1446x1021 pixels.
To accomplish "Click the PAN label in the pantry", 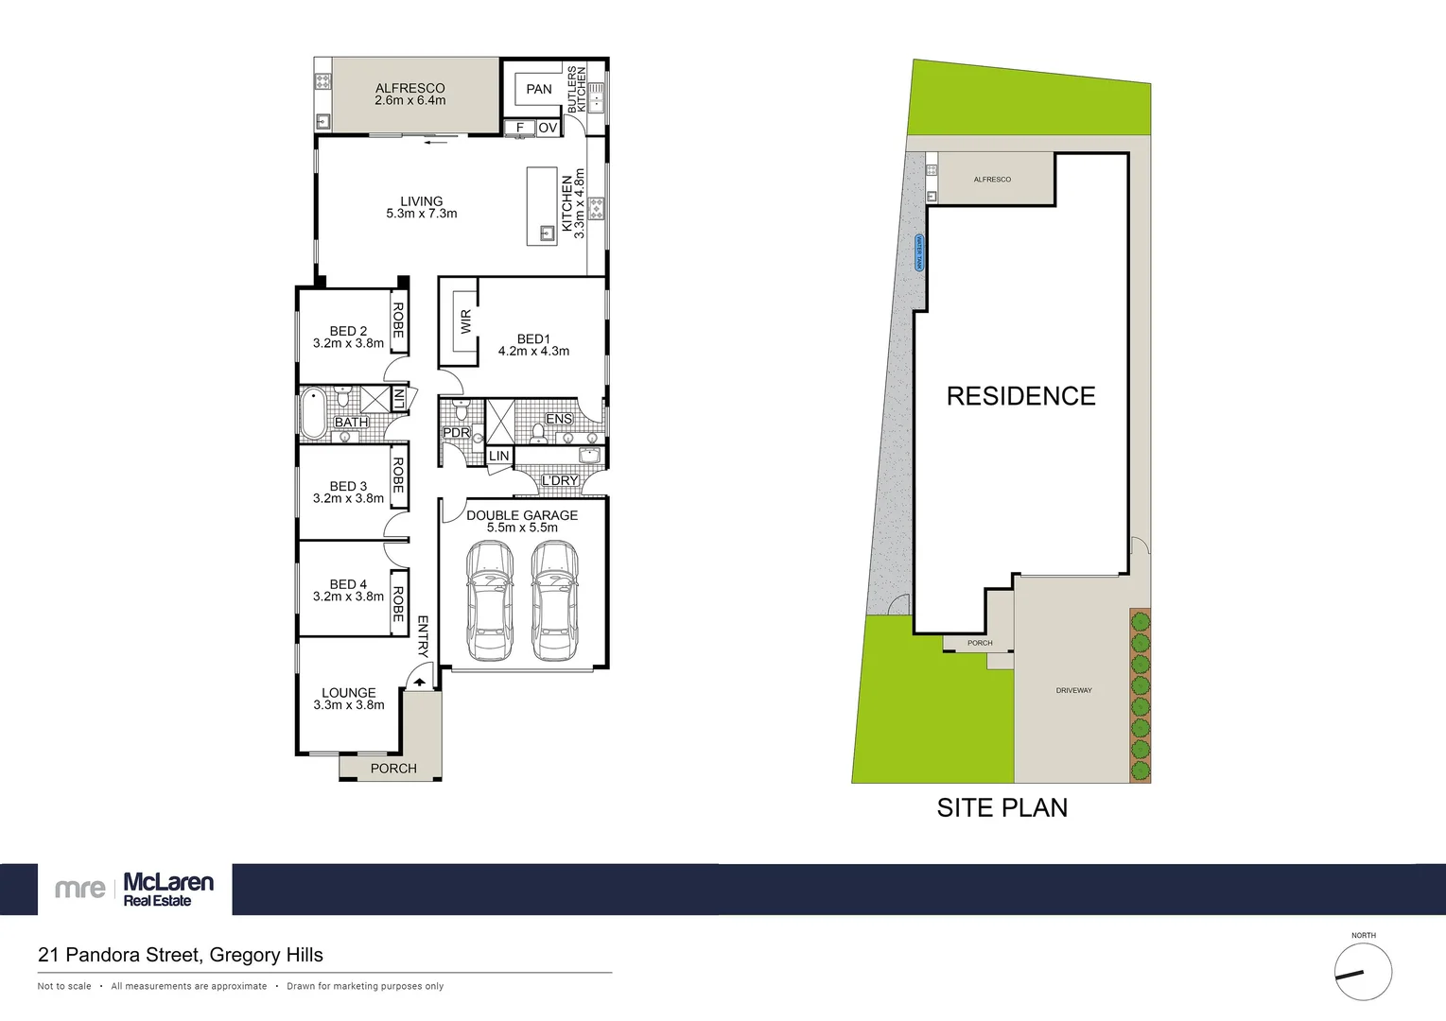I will (539, 90).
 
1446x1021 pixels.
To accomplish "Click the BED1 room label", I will (533, 338).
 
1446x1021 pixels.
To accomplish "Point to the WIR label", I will (465, 322).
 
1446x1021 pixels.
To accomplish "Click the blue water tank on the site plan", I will (918, 252).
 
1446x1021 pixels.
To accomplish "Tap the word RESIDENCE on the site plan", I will (1020, 396).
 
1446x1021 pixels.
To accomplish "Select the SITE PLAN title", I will (1002, 807).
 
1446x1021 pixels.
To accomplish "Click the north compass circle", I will (1363, 972).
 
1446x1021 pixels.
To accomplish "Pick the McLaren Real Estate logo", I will (134, 890).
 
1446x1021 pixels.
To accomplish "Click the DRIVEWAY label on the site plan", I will (1073, 690).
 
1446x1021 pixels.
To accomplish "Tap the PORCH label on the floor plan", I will (393, 769).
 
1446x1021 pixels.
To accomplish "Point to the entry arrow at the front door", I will (419, 681).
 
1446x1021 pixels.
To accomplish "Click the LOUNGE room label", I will (348, 693).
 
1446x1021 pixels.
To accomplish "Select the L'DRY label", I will (560, 480).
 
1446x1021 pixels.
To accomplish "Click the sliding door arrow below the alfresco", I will (435, 143).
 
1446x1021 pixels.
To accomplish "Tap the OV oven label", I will (548, 128).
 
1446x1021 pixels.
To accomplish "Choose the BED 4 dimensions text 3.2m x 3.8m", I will (348, 597).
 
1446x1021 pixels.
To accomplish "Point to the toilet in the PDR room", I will (462, 411).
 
